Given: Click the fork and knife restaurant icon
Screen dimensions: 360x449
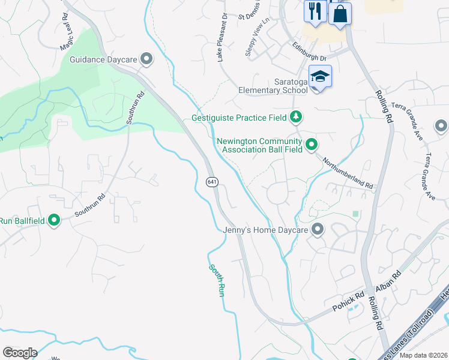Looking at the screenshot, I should [315, 11].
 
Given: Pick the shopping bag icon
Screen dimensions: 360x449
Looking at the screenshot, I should [340, 13].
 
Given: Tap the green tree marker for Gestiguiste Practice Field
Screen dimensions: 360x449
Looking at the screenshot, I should [295, 116].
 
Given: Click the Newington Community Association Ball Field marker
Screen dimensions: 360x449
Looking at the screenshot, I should [312, 144].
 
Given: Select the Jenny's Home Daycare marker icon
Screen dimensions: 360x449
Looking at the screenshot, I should [318, 229].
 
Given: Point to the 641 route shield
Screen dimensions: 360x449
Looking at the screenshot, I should [211, 182].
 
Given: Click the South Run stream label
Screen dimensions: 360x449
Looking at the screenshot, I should [217, 281].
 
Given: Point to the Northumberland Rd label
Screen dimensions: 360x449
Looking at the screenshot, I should [348, 173].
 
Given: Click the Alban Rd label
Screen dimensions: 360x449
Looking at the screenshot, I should [388, 281].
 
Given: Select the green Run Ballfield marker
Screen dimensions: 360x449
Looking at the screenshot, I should [54, 221].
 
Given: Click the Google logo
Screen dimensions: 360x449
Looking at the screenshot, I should [20, 352].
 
